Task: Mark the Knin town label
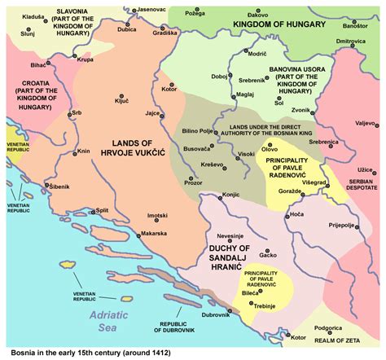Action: (82, 151)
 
